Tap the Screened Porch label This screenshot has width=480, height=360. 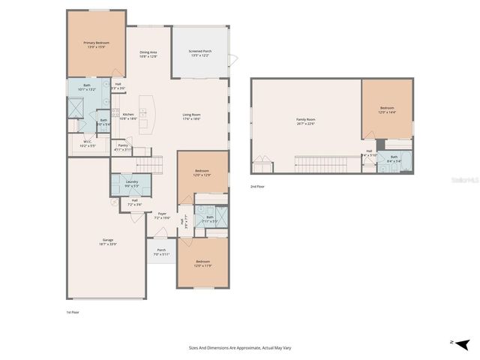pos(200,53)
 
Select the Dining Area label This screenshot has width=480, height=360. pos(148,54)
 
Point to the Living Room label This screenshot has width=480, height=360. pos(191,116)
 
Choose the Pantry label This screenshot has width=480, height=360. pos(123,147)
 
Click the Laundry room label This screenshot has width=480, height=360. pos(131,183)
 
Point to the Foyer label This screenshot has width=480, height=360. pos(161,216)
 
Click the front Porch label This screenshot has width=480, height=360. pos(161,253)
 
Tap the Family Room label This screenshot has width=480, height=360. pos(305,121)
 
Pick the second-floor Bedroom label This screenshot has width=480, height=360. pos(386,109)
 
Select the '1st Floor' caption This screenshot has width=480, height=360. pos(73,310)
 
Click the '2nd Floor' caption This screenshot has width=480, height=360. pos(258,186)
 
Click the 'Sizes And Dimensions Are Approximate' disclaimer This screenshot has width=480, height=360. pos(239,348)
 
